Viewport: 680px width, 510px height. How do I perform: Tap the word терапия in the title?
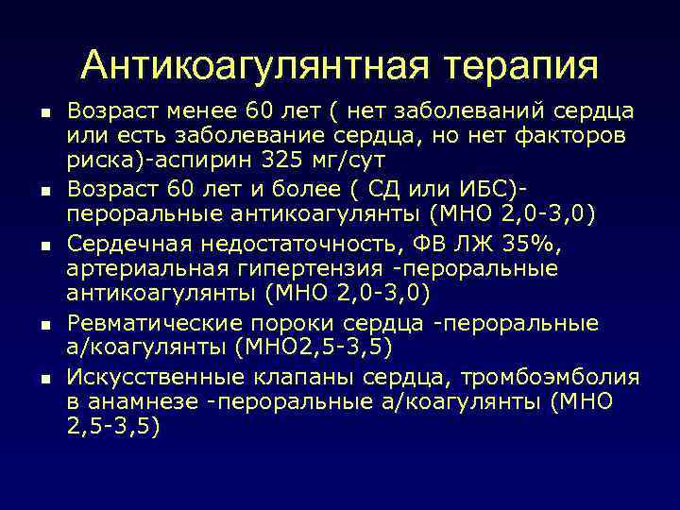click(517, 65)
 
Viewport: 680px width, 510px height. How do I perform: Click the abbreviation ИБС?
click(488, 186)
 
